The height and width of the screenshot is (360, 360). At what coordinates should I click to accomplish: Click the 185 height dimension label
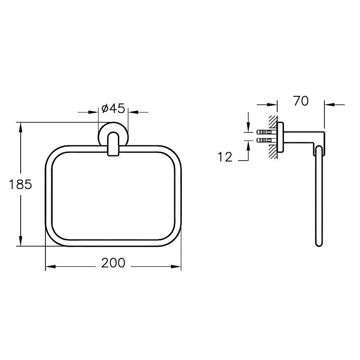pos(20,184)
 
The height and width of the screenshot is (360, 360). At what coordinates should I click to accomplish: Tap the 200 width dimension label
pos(113,263)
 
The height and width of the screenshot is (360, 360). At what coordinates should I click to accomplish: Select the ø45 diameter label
pos(113,108)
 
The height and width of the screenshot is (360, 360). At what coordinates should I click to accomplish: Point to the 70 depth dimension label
pos(301,101)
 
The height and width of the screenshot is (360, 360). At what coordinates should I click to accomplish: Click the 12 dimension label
pos(225,157)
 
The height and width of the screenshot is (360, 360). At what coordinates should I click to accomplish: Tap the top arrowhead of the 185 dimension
pos(20,127)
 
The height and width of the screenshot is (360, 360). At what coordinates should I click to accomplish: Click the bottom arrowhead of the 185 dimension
pos(20,241)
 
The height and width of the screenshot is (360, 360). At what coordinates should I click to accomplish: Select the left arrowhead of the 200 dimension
pos(50,266)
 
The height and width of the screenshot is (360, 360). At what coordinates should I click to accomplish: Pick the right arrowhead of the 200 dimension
pos(176,266)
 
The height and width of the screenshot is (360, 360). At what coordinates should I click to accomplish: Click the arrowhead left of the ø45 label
pos(94,112)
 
